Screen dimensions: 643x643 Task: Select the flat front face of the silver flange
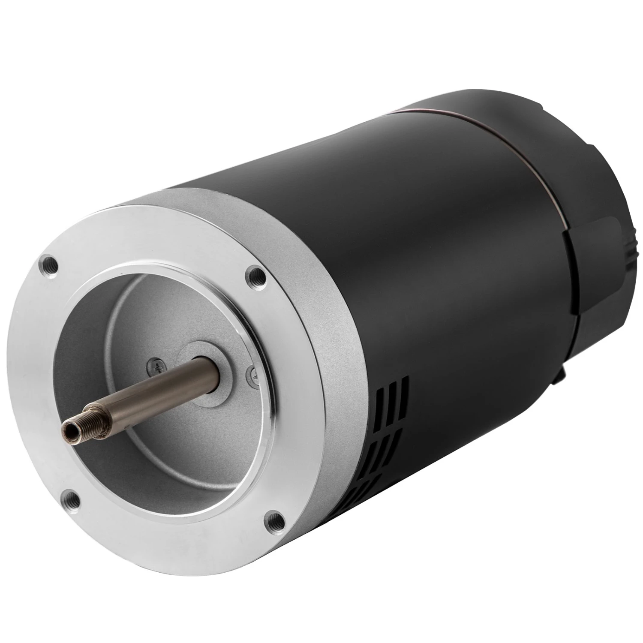coord(171,514)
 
